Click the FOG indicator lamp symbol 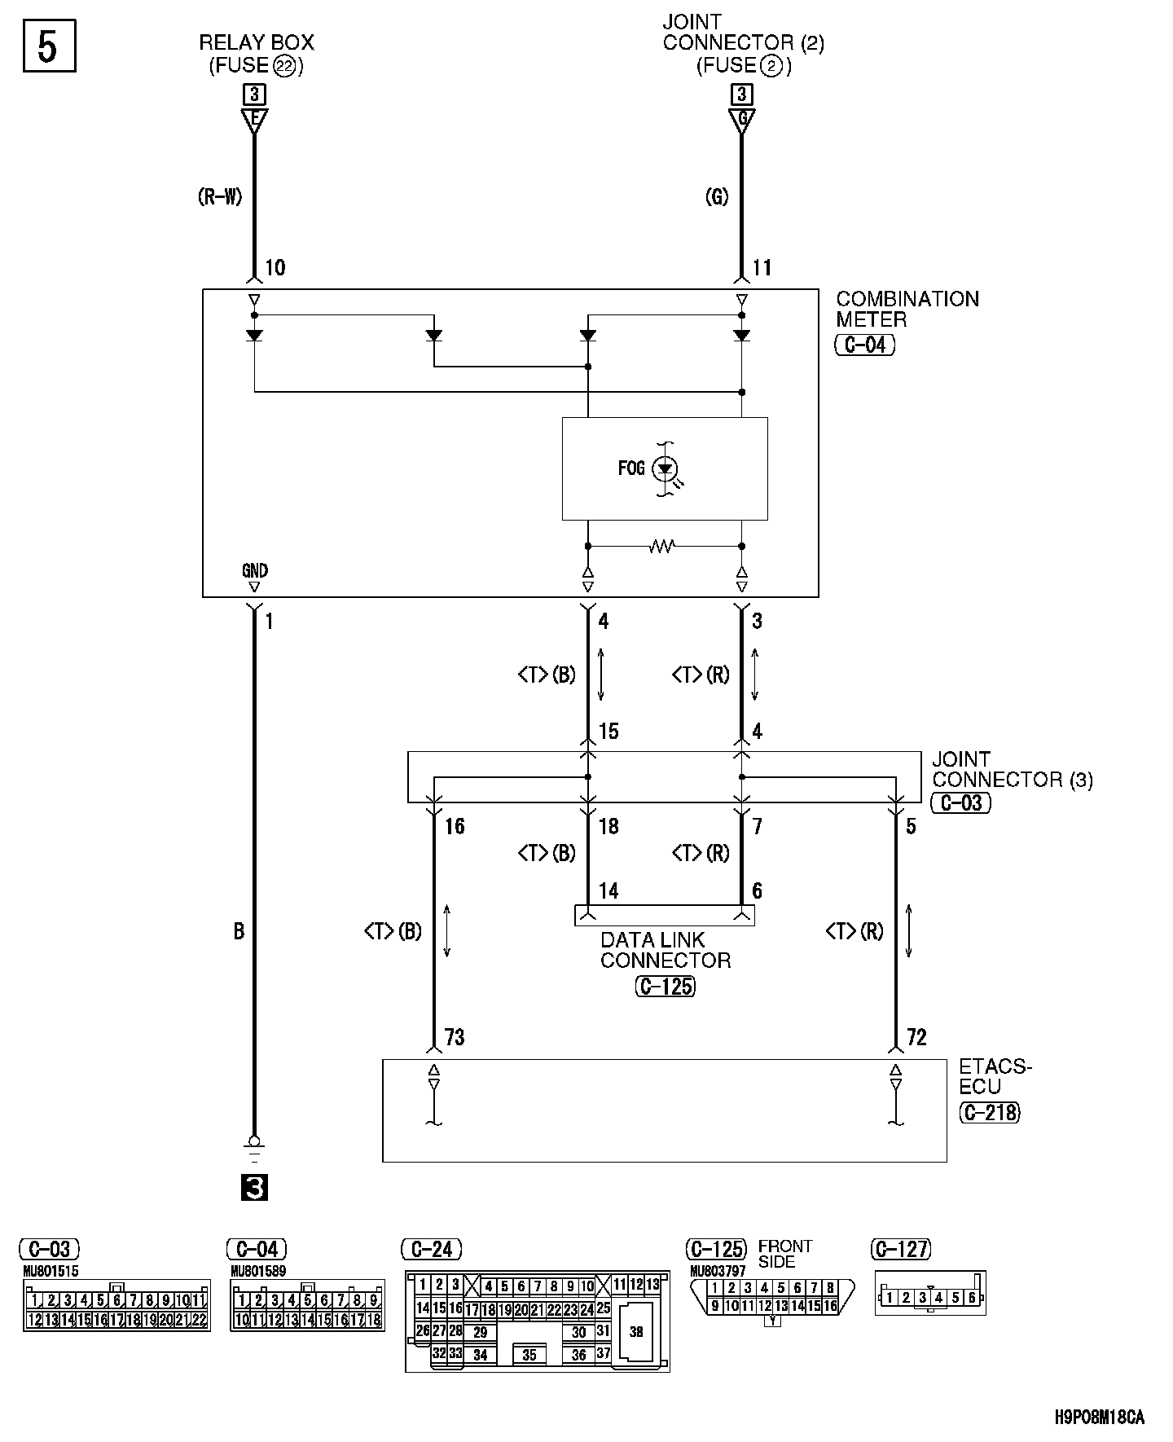[666, 468]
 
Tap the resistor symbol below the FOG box [661, 547]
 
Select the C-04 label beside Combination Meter [865, 345]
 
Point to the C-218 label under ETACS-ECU [990, 1112]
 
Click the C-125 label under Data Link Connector [666, 987]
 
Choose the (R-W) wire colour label [220, 196]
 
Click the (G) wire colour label [717, 196]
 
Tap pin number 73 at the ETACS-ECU [455, 1037]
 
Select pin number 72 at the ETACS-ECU [916, 1037]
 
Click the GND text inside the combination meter [255, 570]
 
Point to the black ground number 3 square [254, 1189]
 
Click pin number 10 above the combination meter [275, 268]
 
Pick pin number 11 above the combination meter [762, 268]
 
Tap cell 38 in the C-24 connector [636, 1331]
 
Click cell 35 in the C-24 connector [529, 1356]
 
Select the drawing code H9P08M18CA [1100, 1418]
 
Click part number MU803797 [718, 1271]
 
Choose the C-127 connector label [901, 1249]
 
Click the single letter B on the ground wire [239, 931]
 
